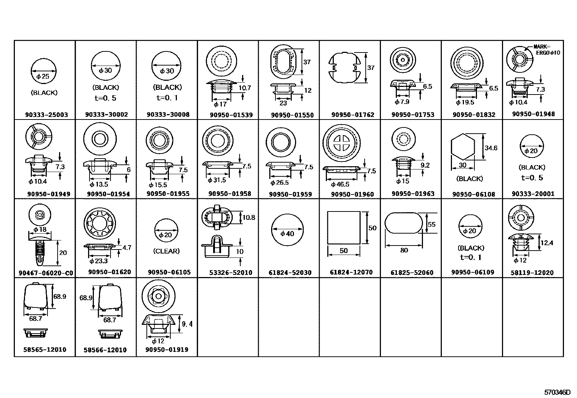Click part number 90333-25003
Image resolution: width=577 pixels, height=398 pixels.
click(46, 115)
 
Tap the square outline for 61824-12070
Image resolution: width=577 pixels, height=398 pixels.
click(344, 228)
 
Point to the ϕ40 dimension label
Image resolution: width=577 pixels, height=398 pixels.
click(287, 234)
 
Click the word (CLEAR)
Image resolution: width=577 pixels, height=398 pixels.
click(166, 251)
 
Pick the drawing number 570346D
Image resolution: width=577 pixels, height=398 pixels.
click(557, 392)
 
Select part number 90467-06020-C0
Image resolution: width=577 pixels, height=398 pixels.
click(46, 273)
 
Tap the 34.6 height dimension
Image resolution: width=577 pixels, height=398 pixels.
click(491, 148)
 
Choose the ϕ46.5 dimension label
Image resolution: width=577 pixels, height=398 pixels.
click(340, 184)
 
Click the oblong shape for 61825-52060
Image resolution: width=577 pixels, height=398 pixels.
click(403, 224)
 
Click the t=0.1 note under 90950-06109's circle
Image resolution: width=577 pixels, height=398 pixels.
click(471, 257)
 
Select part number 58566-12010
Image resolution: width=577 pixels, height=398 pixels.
click(105, 350)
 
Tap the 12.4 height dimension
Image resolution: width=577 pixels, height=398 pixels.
click(546, 243)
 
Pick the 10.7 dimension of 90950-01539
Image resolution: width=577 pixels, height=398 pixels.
click(245, 88)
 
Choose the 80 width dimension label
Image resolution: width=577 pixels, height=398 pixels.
click(404, 250)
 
